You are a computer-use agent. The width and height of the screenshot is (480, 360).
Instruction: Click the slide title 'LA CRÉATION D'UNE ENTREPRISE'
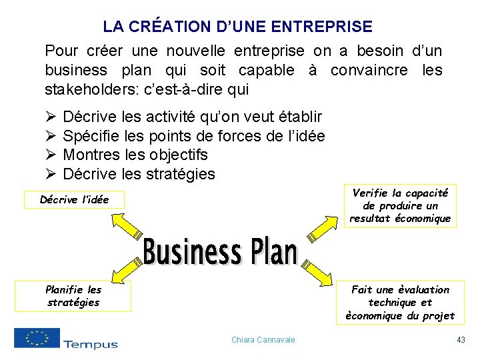point(237,27)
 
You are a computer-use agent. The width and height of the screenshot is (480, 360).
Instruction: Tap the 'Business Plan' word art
point(220,252)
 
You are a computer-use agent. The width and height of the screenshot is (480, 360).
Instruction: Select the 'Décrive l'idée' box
point(74,199)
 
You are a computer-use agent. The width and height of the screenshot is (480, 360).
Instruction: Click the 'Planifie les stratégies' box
point(73,296)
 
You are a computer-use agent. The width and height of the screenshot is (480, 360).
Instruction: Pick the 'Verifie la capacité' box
point(400,205)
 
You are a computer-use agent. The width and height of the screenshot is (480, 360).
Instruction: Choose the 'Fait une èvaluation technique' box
point(400,303)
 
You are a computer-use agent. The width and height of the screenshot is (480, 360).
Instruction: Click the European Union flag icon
point(37,338)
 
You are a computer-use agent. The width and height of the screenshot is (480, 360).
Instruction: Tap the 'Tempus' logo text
point(91,344)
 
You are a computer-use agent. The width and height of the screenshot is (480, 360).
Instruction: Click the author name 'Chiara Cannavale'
point(263,340)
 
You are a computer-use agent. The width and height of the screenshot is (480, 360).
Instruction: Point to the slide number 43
point(461,340)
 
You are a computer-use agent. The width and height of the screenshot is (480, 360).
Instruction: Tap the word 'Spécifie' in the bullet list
point(89,136)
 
